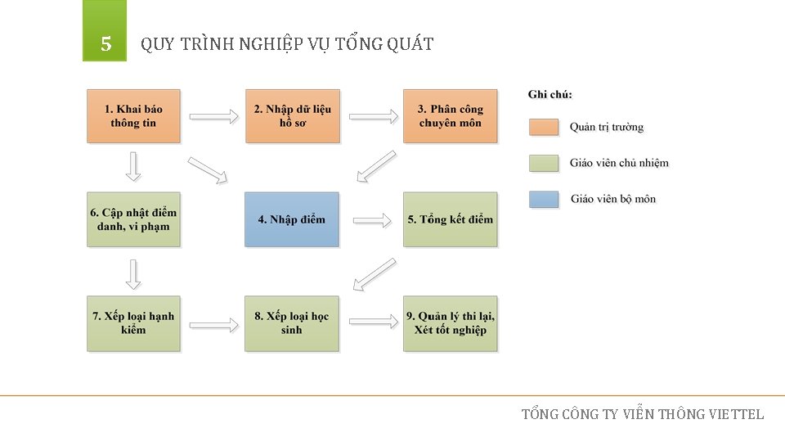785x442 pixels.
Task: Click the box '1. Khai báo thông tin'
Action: click(133, 116)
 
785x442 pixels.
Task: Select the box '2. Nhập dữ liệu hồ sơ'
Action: click(292, 116)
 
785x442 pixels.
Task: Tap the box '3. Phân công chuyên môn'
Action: click(450, 116)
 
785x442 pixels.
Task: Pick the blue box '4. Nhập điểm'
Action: click(291, 219)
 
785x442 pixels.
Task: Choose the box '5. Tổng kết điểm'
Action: click(450, 219)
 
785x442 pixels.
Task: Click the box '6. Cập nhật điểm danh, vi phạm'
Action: click(133, 219)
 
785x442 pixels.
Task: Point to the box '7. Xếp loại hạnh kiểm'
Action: click(133, 323)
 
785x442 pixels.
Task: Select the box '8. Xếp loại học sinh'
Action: click(291, 323)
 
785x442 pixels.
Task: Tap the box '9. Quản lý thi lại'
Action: click(450, 323)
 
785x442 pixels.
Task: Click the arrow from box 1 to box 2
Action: click(213, 117)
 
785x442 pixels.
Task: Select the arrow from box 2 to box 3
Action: click(372, 117)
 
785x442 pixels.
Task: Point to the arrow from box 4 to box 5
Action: click(372, 220)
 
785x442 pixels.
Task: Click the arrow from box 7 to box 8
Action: click(213, 323)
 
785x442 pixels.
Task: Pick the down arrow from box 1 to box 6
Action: click(133, 167)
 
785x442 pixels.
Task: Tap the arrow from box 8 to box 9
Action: click(372, 322)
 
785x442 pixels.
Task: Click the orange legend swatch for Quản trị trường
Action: click(544, 127)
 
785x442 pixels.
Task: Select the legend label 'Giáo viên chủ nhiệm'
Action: click(619, 163)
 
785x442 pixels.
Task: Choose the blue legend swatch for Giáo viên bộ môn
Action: click(544, 199)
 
